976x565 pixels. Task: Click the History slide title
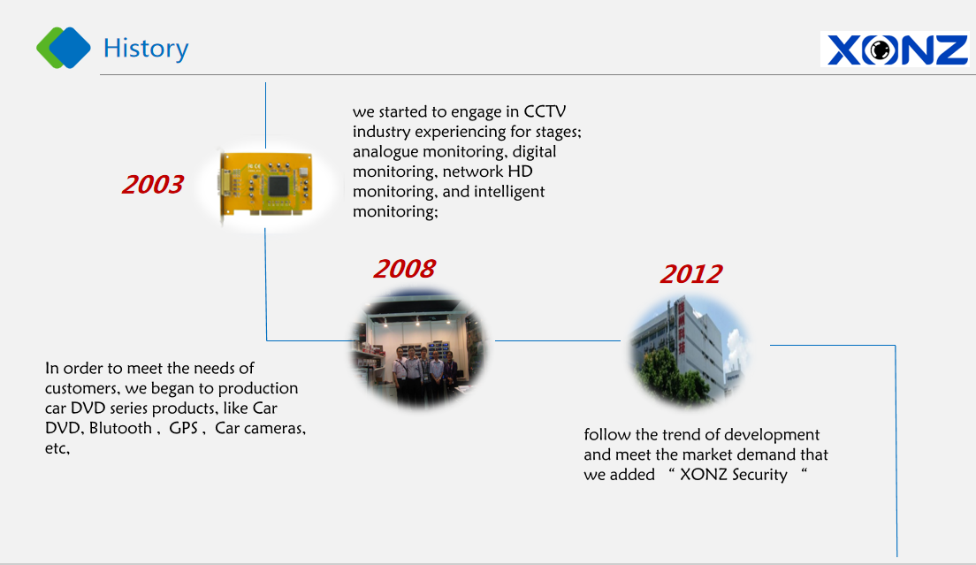pyautogui.click(x=146, y=49)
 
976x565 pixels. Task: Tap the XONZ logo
pyautogui.click(x=895, y=50)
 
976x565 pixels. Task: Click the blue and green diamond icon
pyautogui.click(x=64, y=48)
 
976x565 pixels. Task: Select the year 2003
pyautogui.click(x=152, y=184)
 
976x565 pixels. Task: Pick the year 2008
pyautogui.click(x=405, y=269)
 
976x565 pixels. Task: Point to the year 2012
pyautogui.click(x=691, y=274)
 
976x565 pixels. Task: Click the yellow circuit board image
pyautogui.click(x=266, y=185)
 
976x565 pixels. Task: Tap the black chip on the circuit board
pyautogui.click(x=278, y=186)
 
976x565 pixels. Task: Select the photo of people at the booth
pyautogui.click(x=419, y=348)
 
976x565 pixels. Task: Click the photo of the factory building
pyautogui.click(x=690, y=351)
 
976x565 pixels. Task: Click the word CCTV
pyautogui.click(x=545, y=112)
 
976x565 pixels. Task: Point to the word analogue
pyautogui.click(x=385, y=152)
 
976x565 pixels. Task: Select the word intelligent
pyautogui.click(x=509, y=192)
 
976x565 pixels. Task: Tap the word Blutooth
pyautogui.click(x=121, y=428)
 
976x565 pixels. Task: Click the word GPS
pyautogui.click(x=184, y=428)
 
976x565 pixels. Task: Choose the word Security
pyautogui.click(x=760, y=475)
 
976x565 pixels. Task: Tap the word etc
pyautogui.click(x=57, y=448)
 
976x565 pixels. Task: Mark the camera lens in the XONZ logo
pyautogui.click(x=881, y=50)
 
